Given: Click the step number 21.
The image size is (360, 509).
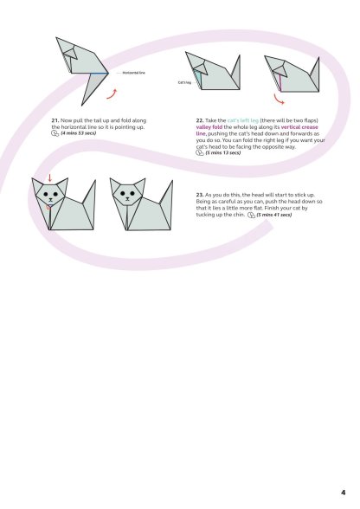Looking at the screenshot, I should [55, 121].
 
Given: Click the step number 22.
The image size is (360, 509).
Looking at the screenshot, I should [200, 121].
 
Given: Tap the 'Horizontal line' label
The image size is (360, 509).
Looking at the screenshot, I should [133, 73].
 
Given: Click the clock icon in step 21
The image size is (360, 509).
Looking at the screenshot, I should [55, 133].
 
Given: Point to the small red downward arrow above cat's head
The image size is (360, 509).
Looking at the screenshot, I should [50, 178].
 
